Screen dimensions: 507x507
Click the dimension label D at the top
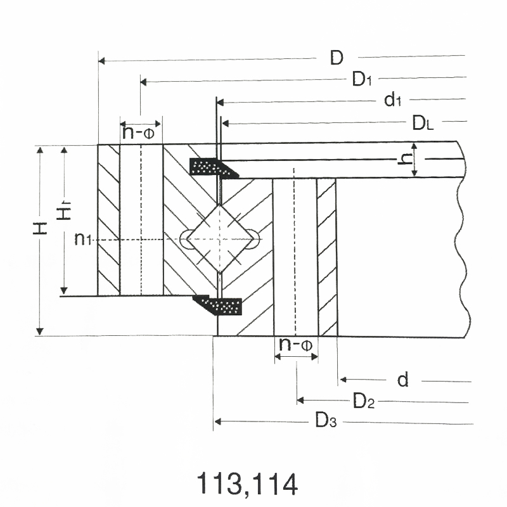click(337, 58)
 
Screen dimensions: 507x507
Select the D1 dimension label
click(362, 79)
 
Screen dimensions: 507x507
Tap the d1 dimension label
click(392, 99)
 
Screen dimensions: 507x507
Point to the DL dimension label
click(423, 123)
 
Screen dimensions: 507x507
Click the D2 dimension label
click(363, 401)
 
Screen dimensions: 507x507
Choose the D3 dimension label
click(326, 420)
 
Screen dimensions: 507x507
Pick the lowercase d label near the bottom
click(403, 380)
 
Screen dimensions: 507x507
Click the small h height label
click(405, 158)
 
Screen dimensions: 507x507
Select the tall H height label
click(40, 228)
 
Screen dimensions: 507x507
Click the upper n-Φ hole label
click(138, 132)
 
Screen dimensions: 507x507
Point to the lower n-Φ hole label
click(295, 344)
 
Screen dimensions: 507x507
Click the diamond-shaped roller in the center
click(219, 240)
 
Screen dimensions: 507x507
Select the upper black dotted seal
click(214, 167)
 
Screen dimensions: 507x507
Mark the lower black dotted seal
click(217, 305)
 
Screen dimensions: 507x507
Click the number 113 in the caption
click(219, 484)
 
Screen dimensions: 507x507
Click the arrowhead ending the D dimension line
click(101, 60)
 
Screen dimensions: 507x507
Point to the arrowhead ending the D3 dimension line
click(218, 421)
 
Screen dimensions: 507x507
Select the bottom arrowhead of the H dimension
click(40, 331)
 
